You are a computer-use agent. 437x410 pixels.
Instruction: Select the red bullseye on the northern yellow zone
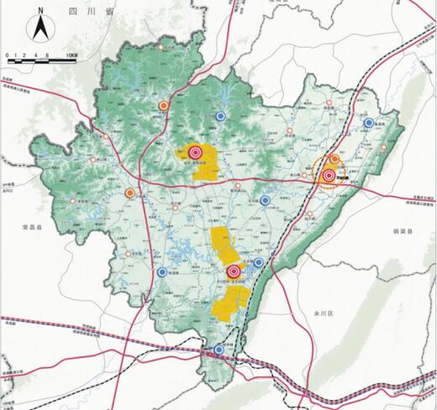pyautogui.click(x=195, y=152)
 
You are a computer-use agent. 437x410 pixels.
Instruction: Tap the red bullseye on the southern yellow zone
pyautogui.click(x=232, y=271)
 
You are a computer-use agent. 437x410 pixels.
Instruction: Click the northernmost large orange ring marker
pyautogui.click(x=163, y=106)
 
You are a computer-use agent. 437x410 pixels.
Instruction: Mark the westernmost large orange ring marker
pyautogui.click(x=129, y=192)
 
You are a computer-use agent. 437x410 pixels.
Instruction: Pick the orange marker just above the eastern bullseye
pyautogui.click(x=334, y=158)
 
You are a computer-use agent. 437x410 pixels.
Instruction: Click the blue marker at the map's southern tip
pyautogui.click(x=218, y=350)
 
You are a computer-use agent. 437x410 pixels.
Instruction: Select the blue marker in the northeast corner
pyautogui.click(x=368, y=123)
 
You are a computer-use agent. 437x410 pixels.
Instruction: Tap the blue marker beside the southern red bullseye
pyautogui.click(x=258, y=263)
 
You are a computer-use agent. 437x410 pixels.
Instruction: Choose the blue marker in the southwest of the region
pyautogui.click(x=161, y=271)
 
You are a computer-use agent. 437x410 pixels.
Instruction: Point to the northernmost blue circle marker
pyautogui.click(x=220, y=116)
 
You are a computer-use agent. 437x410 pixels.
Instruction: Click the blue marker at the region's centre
pyautogui.click(x=266, y=200)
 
